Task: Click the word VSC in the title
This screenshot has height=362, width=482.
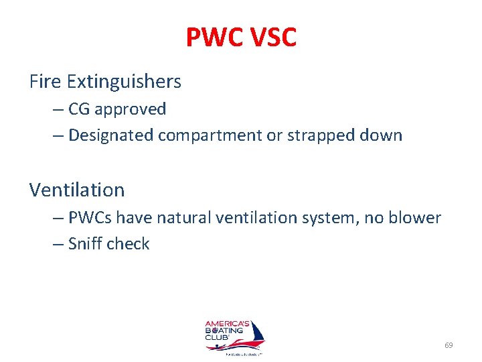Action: click(270, 38)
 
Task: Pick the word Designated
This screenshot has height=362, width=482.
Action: click(111, 135)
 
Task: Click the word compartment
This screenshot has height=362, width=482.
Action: click(211, 136)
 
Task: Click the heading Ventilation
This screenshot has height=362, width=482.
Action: click(77, 190)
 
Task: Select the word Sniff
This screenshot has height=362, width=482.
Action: click(84, 243)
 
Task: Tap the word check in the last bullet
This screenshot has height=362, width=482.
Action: click(127, 243)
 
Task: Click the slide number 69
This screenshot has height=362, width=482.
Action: click(449, 345)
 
